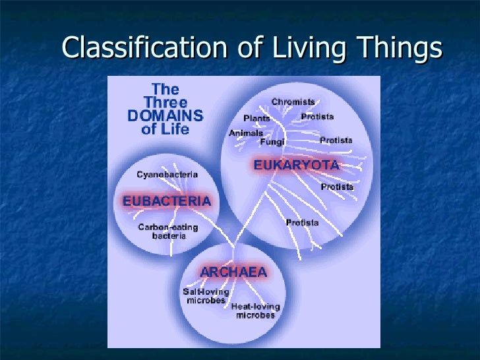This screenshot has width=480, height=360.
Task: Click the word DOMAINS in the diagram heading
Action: click(x=165, y=116)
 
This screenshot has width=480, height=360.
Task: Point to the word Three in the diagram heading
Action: click(x=165, y=103)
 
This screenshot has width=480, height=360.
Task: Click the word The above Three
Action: click(x=165, y=89)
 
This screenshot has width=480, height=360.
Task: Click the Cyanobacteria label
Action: click(x=167, y=175)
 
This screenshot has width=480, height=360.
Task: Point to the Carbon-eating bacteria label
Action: click(x=167, y=231)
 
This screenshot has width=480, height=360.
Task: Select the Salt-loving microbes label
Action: click(x=205, y=296)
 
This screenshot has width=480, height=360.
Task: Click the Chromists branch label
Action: click(x=293, y=102)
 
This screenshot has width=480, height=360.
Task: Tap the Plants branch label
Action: click(x=256, y=118)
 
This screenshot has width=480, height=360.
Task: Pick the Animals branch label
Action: click(x=246, y=133)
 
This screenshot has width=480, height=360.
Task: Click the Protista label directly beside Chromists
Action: click(x=317, y=117)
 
